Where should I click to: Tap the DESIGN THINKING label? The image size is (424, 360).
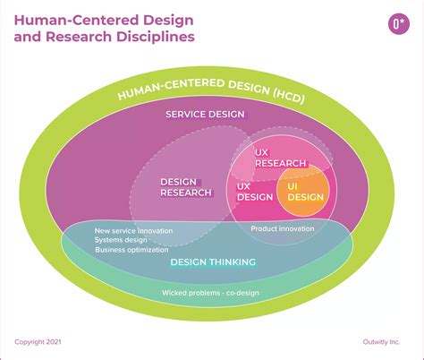(213, 261)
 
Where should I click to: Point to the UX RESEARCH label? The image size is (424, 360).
(280, 159)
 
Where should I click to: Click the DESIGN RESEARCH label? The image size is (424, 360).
(186, 187)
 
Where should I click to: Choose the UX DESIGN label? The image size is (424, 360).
(254, 192)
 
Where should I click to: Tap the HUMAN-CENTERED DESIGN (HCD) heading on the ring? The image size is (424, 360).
(211, 93)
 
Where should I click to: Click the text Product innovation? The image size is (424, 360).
(283, 228)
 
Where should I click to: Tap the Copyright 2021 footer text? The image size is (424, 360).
(38, 341)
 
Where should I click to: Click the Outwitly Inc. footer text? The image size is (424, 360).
(383, 341)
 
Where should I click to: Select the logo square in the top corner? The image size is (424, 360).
(396, 25)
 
